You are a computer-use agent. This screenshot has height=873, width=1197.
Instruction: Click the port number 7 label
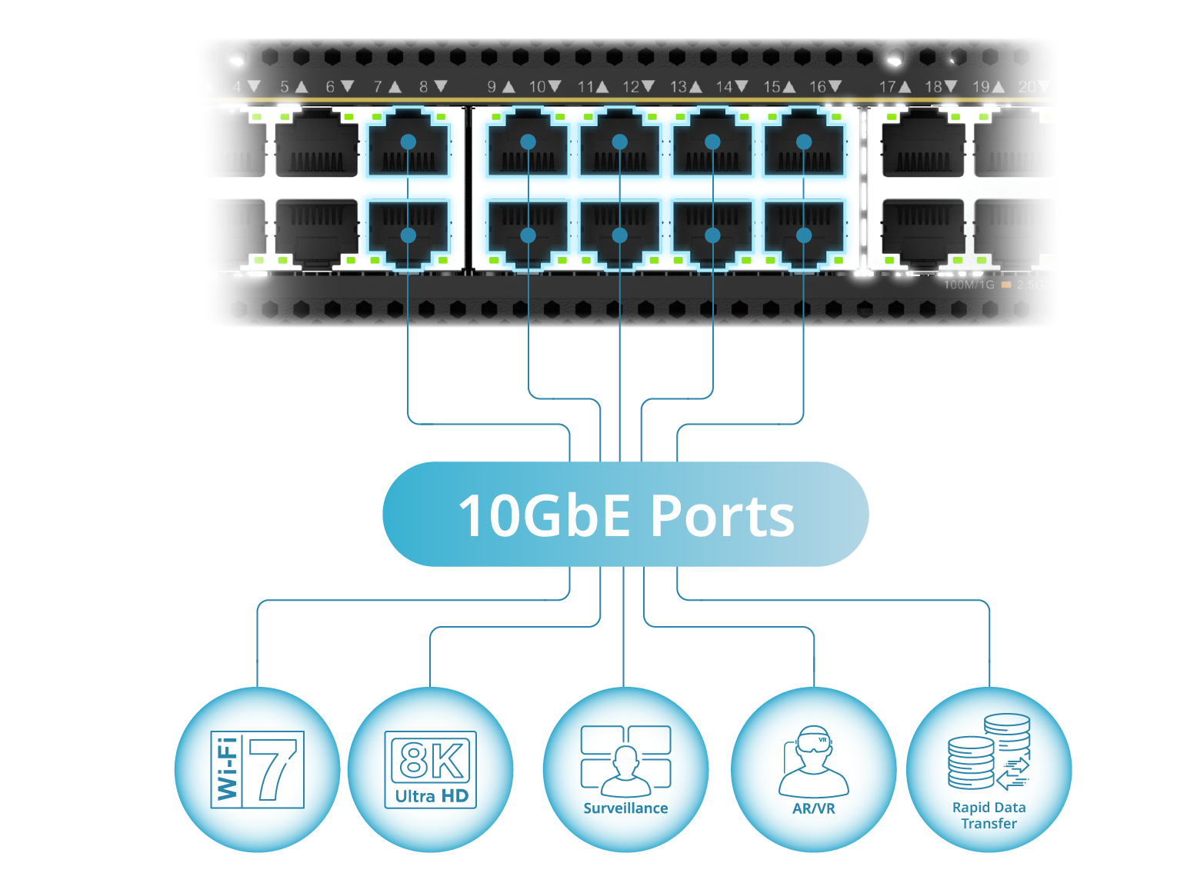point(378,87)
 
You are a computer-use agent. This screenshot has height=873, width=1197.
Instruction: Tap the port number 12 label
point(631,87)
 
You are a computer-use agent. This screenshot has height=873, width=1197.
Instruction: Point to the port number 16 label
point(817,87)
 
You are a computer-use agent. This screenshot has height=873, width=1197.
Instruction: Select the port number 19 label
point(981,87)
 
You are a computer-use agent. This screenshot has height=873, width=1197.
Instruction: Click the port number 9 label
point(492,87)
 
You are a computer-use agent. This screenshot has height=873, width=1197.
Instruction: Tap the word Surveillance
point(625,808)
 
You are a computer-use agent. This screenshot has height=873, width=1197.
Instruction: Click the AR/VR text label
point(813,808)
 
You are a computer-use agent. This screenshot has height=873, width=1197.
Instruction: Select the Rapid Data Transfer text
point(989,815)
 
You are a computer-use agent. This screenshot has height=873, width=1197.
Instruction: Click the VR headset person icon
point(813,761)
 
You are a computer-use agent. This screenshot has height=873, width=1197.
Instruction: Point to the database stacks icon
point(988,751)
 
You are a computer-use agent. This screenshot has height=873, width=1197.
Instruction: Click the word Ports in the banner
point(722,515)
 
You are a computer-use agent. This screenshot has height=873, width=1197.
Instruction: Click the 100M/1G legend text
point(969,285)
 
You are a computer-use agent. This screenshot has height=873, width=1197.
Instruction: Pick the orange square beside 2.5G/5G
point(1005,285)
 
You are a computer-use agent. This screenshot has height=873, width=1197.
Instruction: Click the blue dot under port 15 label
point(804,142)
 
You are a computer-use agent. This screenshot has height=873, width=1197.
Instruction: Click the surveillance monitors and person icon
point(625,760)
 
